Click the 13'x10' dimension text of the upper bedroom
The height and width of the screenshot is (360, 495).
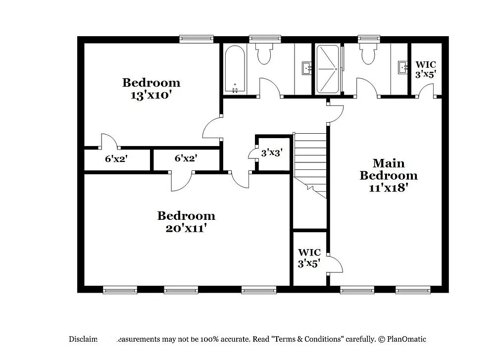(x=151, y=95)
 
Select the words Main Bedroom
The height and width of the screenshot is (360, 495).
(x=389, y=169)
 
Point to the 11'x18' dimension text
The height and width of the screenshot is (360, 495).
(x=389, y=188)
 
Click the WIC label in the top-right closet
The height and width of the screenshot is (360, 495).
(x=425, y=65)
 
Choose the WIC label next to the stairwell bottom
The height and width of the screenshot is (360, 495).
(x=309, y=253)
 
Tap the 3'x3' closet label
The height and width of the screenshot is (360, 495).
(x=271, y=153)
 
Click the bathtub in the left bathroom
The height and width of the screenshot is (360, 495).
(x=234, y=69)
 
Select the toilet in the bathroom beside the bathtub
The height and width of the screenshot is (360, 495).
(x=264, y=54)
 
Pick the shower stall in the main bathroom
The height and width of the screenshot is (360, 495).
(x=328, y=69)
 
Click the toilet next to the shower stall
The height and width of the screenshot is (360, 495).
(x=369, y=54)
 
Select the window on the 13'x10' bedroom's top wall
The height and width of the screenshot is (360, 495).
(x=196, y=39)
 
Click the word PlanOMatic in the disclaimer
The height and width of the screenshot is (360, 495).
(x=406, y=339)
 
